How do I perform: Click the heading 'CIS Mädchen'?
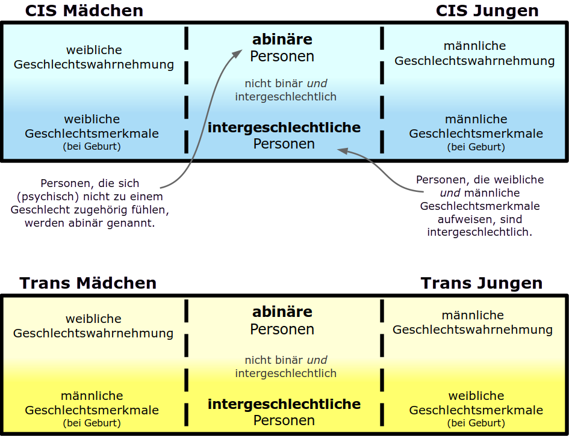(84, 10)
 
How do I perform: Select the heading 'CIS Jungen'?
(487, 10)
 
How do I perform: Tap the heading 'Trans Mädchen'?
(88, 283)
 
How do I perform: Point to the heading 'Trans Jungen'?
(481, 283)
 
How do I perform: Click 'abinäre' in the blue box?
(282, 40)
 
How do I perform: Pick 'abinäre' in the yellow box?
(282, 312)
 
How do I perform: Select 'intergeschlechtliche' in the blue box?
(284, 127)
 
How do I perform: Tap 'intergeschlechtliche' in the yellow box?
(284, 404)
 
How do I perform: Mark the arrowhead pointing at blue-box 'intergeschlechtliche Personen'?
(343, 150)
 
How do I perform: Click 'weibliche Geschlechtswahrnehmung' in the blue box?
(93, 57)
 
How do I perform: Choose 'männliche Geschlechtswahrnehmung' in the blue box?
(474, 54)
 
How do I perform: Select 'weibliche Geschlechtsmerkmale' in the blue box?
(92, 126)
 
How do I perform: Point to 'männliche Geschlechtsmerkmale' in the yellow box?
(92, 403)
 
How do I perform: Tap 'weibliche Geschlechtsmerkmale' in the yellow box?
(476, 403)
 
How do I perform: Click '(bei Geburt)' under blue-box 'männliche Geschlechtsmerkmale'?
(476, 147)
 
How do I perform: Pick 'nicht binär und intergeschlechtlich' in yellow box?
(285, 367)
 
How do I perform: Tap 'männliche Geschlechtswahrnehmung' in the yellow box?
(473, 322)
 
